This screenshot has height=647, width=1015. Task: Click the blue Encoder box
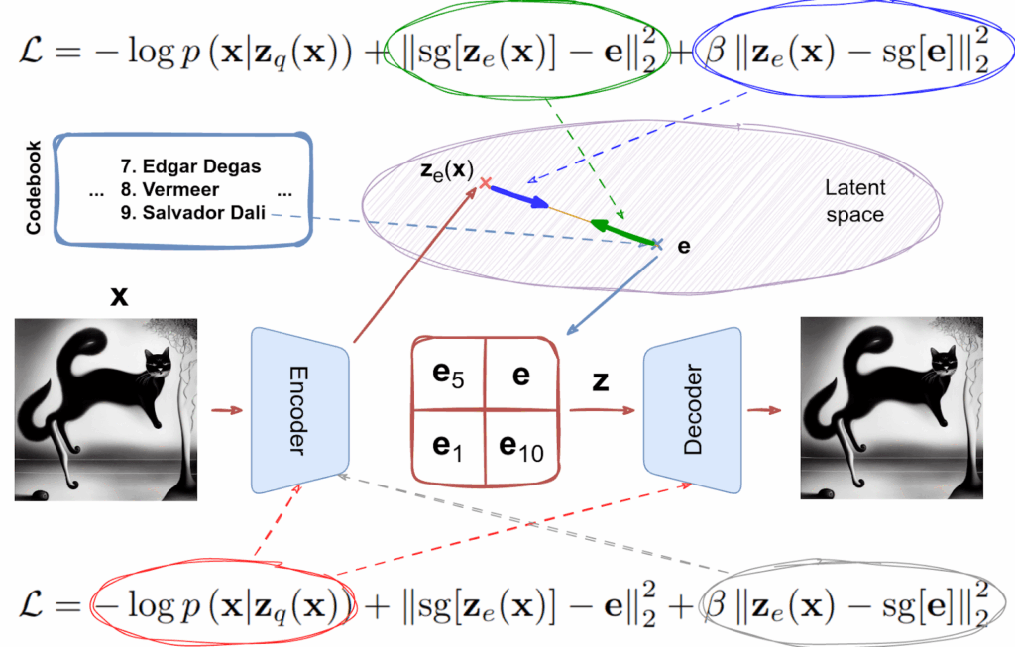click(300, 411)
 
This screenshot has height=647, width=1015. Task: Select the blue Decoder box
click(693, 411)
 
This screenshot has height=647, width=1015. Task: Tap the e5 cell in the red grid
click(448, 375)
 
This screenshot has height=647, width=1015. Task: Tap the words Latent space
click(855, 201)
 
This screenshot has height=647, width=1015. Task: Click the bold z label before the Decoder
click(601, 381)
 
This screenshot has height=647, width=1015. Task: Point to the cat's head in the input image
click(155, 364)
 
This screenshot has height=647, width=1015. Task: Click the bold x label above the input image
click(119, 294)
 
